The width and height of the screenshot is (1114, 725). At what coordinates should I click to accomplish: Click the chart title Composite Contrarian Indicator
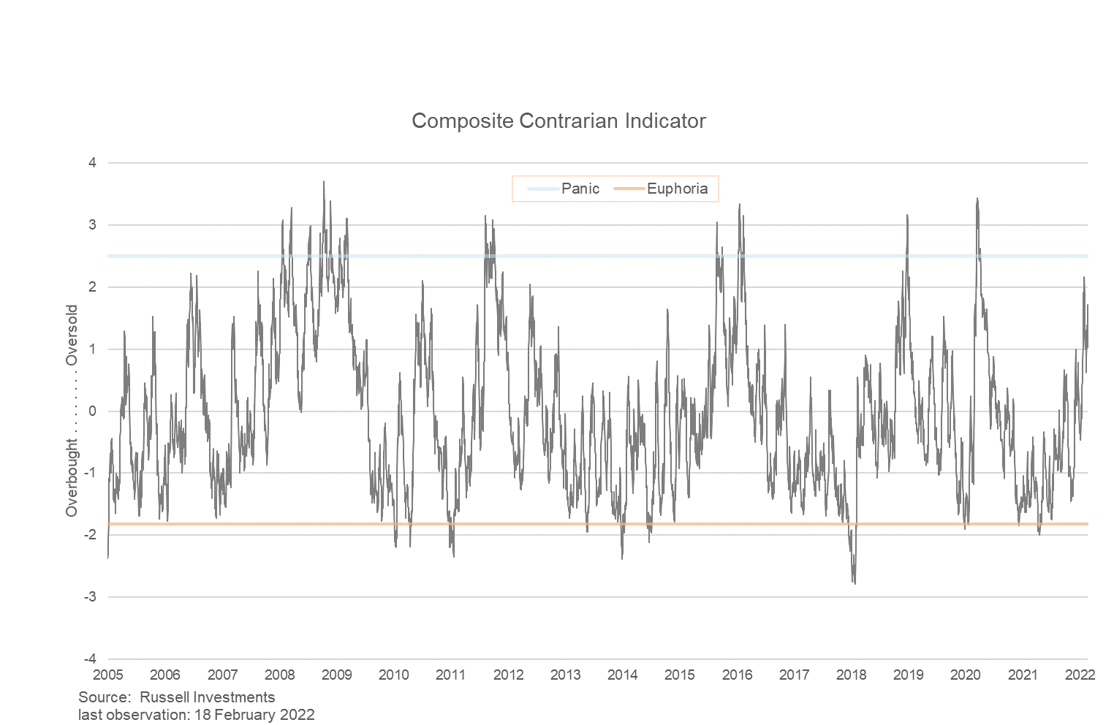tap(558, 121)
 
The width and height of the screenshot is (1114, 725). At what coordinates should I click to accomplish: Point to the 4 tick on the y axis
tap(93, 162)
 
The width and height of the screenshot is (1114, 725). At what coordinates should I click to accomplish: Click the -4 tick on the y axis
tap(91, 659)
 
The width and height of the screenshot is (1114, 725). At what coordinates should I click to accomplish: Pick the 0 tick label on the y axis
tap(93, 411)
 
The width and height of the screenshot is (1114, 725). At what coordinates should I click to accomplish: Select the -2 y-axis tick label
tap(91, 535)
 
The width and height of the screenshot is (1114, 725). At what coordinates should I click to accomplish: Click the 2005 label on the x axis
tap(108, 675)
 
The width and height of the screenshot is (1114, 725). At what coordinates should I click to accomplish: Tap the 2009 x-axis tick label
tap(337, 675)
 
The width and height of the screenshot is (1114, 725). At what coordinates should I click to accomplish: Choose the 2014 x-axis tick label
tap(623, 675)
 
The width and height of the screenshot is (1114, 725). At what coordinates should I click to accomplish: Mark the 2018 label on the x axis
tap(852, 675)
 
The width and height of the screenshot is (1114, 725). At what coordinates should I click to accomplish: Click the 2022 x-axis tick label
tap(1080, 675)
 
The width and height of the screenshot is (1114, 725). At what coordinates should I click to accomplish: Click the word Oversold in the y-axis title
tap(72, 335)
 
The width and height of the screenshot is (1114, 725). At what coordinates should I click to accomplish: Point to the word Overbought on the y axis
tap(72, 478)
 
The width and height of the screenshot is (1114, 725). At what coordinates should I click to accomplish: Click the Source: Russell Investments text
tap(177, 697)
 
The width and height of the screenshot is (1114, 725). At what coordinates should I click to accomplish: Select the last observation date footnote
tap(197, 715)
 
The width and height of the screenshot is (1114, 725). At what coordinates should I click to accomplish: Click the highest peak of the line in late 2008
tap(324, 182)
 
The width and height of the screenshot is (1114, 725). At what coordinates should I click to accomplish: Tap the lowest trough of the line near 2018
tap(855, 582)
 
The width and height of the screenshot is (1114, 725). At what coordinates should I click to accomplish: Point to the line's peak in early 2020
tap(977, 198)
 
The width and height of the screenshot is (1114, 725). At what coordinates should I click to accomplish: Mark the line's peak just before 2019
tap(907, 216)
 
